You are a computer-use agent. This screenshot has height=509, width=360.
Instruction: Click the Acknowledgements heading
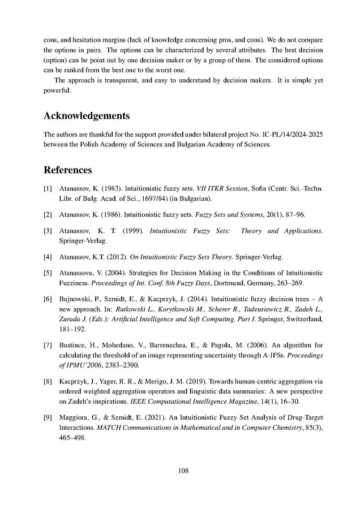pos(86,116)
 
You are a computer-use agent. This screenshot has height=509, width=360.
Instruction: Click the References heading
pos(68,170)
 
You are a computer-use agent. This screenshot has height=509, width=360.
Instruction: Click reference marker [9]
pos(48,418)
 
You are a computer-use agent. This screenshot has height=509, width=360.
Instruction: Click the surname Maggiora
pos(76,418)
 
